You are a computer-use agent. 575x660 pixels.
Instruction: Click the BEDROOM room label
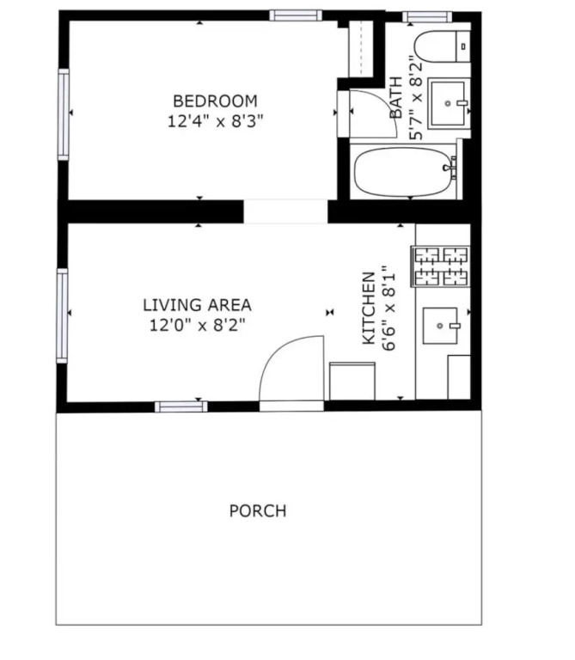pyautogui.click(x=215, y=101)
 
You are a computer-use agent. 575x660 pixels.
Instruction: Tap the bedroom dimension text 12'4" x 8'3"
pyautogui.click(x=215, y=121)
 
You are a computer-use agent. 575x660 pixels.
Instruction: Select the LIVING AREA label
pyautogui.click(x=197, y=305)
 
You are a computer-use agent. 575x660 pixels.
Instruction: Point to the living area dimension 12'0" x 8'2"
pyautogui.click(x=197, y=325)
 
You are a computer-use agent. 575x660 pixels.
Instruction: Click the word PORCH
pyautogui.click(x=258, y=510)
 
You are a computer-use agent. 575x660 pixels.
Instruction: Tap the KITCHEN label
pyautogui.click(x=369, y=309)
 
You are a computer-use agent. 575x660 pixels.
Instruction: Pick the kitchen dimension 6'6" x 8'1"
pyautogui.click(x=389, y=309)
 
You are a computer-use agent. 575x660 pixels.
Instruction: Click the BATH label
pyautogui.click(x=396, y=98)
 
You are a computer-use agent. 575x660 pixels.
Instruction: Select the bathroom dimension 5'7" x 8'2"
pyautogui.click(x=415, y=98)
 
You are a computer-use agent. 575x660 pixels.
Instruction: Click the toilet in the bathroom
pyautogui.click(x=442, y=46)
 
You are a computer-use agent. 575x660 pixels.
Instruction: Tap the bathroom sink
pyautogui.click(x=449, y=103)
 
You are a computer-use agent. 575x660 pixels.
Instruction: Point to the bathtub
pyautogui.click(x=405, y=171)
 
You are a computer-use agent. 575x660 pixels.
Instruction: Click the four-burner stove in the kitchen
pyautogui.click(x=441, y=266)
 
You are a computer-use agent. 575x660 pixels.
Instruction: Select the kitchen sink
pyautogui.click(x=440, y=326)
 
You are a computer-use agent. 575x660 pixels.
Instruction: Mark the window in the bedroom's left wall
pyautogui.click(x=63, y=114)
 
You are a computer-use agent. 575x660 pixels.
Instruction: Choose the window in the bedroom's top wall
pyautogui.click(x=295, y=15)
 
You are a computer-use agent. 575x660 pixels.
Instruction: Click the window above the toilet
pyautogui.click(x=427, y=17)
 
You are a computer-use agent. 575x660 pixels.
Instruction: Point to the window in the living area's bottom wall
pyautogui.click(x=181, y=406)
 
